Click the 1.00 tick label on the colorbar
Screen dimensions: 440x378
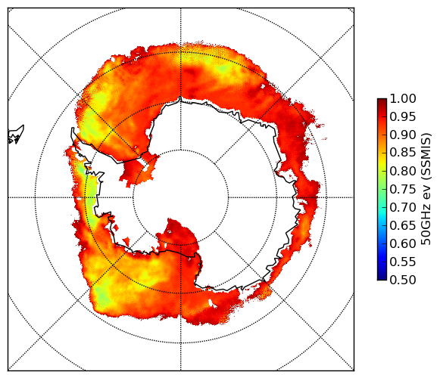(x=403, y=98)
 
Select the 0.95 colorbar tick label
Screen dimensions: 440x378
(x=403, y=116)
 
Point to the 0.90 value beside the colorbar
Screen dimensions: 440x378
(x=403, y=135)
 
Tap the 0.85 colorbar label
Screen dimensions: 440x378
(x=403, y=153)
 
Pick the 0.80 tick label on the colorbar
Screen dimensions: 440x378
(x=403, y=171)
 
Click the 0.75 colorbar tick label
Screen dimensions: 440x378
(x=403, y=189)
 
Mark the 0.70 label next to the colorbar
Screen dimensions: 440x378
(x=403, y=207)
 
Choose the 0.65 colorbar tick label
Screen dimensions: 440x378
(x=403, y=225)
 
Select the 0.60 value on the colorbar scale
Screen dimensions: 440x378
(x=403, y=243)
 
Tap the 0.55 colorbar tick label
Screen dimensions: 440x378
(x=403, y=262)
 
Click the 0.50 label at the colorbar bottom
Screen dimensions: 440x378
(x=403, y=280)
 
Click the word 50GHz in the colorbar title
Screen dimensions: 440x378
(x=426, y=227)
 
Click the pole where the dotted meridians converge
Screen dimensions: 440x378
(x=181, y=197)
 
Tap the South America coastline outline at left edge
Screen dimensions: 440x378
(x=16, y=135)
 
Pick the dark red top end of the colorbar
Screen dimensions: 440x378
(x=382, y=101)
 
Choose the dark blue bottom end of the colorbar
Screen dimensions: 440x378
(x=382, y=277)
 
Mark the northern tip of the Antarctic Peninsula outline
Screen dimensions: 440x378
(x=73, y=129)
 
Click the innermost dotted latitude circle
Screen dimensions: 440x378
(x=181, y=150)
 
